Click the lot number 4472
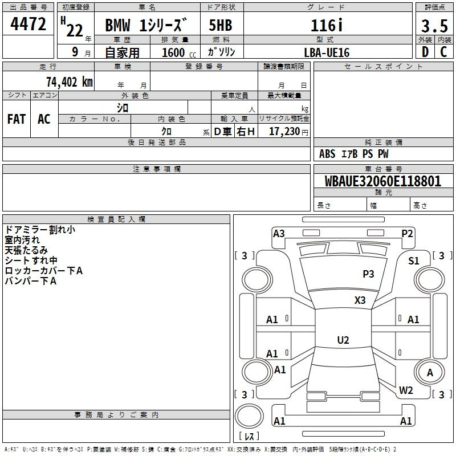tap(28, 24)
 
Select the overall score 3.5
tap(434, 26)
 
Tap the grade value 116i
tap(327, 25)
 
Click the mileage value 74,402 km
tap(70, 82)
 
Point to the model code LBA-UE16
tap(327, 52)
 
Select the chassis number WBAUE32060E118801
tap(382, 181)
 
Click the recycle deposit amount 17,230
tap(284, 132)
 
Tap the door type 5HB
tap(221, 25)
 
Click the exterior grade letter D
tap(425, 52)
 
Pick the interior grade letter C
tap(443, 52)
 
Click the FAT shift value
tap(17, 119)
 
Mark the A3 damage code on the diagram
tap(279, 234)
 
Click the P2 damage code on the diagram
tap(407, 234)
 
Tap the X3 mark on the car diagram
tap(360, 300)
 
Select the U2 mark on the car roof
tap(343, 340)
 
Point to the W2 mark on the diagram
tap(406, 390)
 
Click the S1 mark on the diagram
tap(414, 261)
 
